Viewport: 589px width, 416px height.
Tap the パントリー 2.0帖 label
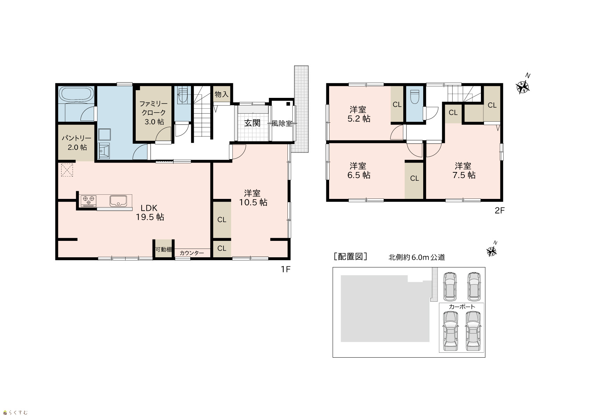click(77, 143)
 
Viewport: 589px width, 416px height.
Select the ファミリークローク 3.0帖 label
click(154, 113)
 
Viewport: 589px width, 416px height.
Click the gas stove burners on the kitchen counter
click(88, 201)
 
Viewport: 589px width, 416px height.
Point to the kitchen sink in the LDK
click(118, 201)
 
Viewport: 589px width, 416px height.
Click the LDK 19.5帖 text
click(150, 213)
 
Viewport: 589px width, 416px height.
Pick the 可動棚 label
click(164, 249)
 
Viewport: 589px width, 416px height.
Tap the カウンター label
click(192, 253)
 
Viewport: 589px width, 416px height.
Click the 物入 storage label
click(222, 94)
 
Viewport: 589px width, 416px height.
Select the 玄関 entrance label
click(252, 123)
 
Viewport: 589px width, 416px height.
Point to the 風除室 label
click(282, 123)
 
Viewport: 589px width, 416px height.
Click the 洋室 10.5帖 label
click(253, 198)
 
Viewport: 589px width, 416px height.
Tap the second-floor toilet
click(415, 97)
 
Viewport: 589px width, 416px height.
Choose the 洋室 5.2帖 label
click(359, 114)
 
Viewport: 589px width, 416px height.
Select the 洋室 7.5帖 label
click(464, 171)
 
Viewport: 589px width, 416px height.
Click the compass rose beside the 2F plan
click(523, 87)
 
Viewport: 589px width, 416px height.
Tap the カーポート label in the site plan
click(462, 307)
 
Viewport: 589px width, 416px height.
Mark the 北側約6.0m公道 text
click(417, 257)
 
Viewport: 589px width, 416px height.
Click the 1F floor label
click(285, 269)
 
